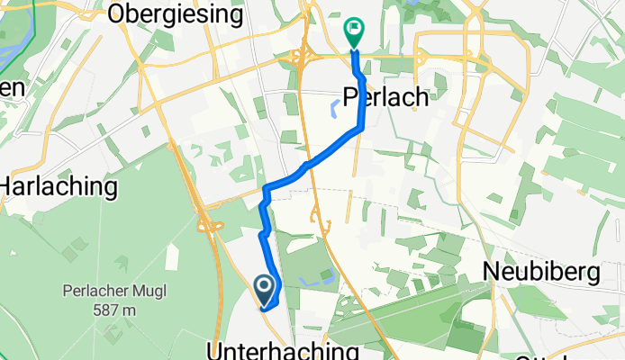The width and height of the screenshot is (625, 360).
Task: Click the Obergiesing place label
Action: [x=175, y=13]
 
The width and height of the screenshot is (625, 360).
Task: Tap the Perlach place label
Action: [x=386, y=97]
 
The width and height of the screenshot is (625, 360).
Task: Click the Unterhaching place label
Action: [x=285, y=349]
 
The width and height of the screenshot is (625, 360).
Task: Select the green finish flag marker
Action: [x=353, y=32]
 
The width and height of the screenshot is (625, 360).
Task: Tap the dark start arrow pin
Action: [x=265, y=288]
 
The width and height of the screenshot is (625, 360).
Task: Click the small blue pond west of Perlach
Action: [x=334, y=109]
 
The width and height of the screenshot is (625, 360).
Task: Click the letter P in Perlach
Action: [x=352, y=97]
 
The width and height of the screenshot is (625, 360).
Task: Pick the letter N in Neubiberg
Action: [x=492, y=271]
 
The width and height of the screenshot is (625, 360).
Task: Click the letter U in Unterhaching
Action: [x=216, y=349]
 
